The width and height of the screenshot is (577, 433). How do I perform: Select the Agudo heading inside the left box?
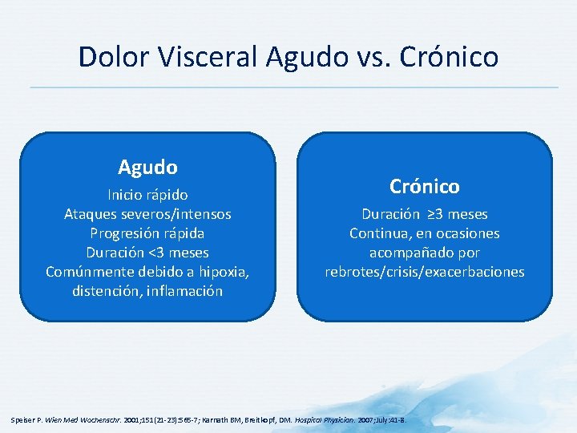tap(147, 167)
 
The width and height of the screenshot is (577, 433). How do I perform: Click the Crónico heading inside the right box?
tap(425, 186)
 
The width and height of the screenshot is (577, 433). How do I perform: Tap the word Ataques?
tap(91, 214)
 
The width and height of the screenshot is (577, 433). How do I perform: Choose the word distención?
tap(104, 291)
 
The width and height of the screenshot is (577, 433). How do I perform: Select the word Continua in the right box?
tap(377, 233)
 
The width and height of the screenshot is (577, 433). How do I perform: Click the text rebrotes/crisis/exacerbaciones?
tap(425, 272)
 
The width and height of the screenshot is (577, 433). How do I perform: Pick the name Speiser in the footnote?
tap(22, 419)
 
